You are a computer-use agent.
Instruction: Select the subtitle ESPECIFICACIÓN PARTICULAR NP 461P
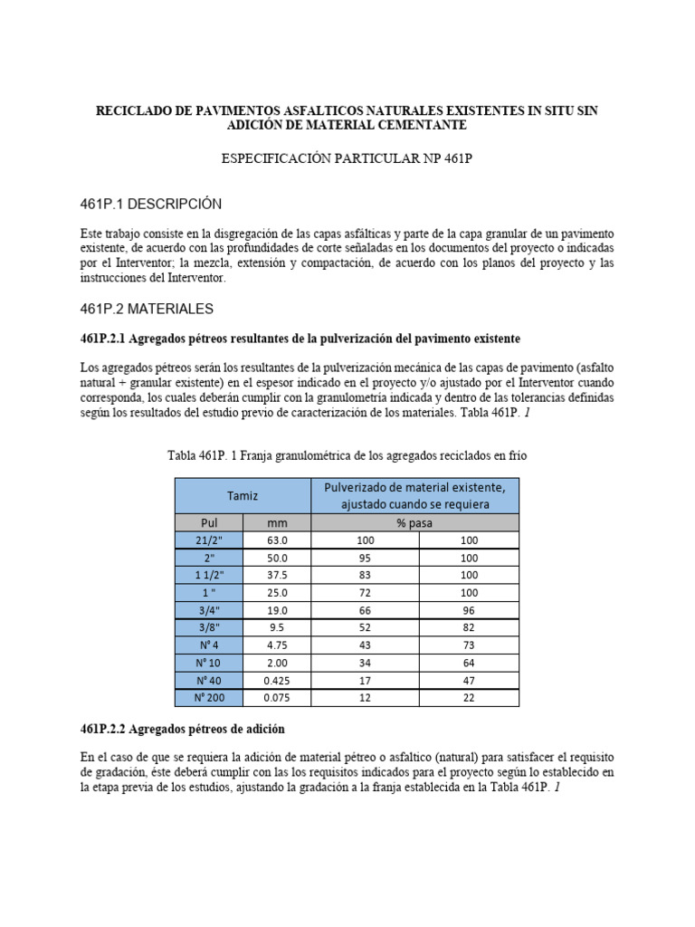click(347, 158)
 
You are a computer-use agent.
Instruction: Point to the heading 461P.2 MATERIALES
click(148, 309)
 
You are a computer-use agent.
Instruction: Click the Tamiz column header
click(243, 495)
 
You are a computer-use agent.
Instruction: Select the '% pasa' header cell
click(415, 522)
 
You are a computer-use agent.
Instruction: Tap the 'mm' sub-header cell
click(277, 522)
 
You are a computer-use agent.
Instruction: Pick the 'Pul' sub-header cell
click(209, 522)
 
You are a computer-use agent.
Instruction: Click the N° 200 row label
click(209, 698)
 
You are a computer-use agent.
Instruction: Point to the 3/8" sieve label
click(209, 628)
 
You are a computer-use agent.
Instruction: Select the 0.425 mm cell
click(277, 681)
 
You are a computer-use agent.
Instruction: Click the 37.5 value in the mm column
click(277, 575)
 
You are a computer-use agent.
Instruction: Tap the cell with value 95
click(366, 558)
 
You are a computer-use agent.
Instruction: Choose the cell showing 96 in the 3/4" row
click(469, 610)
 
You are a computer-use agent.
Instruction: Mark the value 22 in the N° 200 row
click(469, 698)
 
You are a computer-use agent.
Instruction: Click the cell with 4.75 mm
click(277, 645)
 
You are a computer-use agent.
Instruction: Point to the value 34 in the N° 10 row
click(366, 663)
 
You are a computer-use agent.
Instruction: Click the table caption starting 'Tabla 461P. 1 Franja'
click(347, 455)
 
